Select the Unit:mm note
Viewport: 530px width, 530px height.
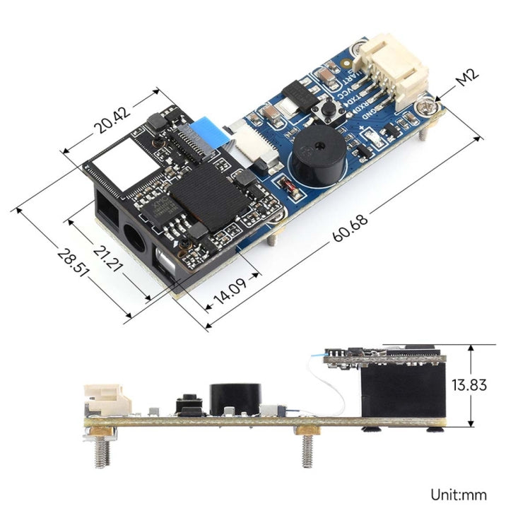pos(459,495)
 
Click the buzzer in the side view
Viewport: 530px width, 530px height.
pos(235,399)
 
